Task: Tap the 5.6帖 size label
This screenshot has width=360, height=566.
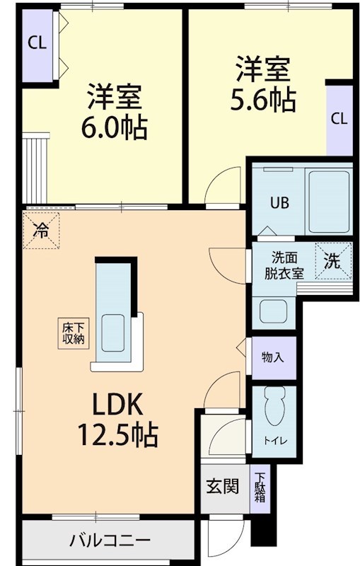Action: click(263, 99)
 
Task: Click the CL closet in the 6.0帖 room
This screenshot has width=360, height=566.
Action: click(37, 42)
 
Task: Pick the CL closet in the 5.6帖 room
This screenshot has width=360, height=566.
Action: click(339, 119)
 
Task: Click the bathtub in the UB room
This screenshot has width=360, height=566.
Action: click(329, 201)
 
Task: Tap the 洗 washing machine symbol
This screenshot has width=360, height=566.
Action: click(332, 260)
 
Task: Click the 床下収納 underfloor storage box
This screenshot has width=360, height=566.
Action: click(72, 333)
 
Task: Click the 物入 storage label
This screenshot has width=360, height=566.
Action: click(272, 357)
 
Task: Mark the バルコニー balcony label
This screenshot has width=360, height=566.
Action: click(110, 541)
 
